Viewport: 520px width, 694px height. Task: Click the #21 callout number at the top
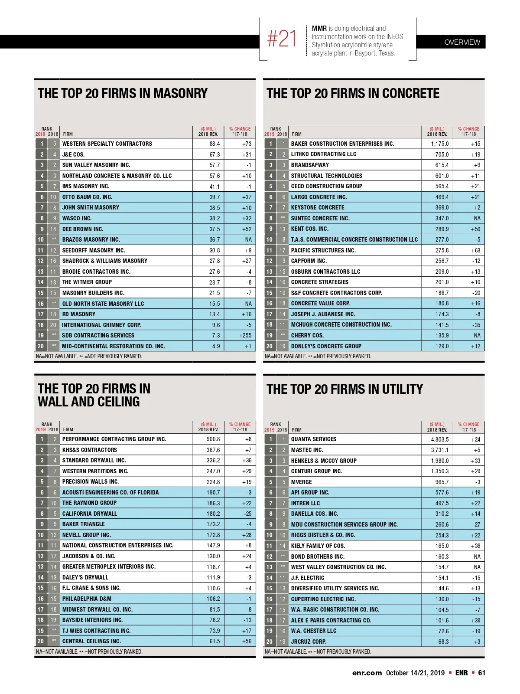[282, 39]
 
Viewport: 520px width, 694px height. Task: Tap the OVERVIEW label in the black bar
[462, 42]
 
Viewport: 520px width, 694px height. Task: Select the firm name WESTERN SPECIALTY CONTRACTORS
[107, 144]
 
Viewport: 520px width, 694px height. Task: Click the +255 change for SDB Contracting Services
[245, 335]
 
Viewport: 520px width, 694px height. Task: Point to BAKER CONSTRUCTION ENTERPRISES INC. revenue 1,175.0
[439, 144]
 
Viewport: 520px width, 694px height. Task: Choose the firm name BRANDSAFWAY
[310, 165]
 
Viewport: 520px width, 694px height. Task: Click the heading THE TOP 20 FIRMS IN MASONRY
[123, 93]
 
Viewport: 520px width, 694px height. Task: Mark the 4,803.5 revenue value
[439, 439]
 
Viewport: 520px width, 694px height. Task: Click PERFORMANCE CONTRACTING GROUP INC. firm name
[114, 439]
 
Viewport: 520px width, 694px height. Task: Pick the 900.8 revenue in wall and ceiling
[213, 439]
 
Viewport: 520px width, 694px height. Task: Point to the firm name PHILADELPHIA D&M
[87, 599]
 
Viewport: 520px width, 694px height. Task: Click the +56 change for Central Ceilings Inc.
[247, 641]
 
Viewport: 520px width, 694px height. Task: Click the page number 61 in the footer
[481, 673]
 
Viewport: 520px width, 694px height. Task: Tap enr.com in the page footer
[367, 673]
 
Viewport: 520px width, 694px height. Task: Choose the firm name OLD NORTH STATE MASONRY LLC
[103, 304]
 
